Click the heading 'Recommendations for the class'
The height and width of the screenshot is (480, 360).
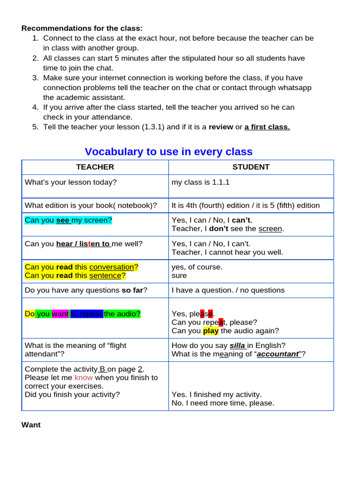coord(82,28)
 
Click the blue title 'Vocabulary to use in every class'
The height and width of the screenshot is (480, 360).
coord(168,151)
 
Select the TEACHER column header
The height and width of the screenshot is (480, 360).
coord(95,167)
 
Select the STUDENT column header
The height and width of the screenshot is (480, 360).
coord(251,167)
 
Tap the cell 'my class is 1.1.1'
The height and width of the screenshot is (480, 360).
coord(201,182)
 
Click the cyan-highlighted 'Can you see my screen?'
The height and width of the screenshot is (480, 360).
coord(68,220)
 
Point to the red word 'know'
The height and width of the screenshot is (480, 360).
coord(83,377)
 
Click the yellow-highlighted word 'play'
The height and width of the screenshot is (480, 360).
coord(211,330)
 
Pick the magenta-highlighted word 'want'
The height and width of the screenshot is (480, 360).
coord(60,314)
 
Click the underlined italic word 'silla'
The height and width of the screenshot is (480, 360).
coord(238,345)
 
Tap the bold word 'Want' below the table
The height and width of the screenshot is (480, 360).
coord(31,425)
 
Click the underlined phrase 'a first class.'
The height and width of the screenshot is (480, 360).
coord(267,127)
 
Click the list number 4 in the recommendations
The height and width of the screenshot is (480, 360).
coord(35,107)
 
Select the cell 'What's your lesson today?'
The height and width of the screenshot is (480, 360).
coord(71,182)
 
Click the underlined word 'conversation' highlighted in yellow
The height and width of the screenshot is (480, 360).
coord(112,267)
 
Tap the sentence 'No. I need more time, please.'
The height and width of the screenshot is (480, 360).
coord(223,403)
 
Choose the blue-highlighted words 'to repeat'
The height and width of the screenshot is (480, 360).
coord(86,314)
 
